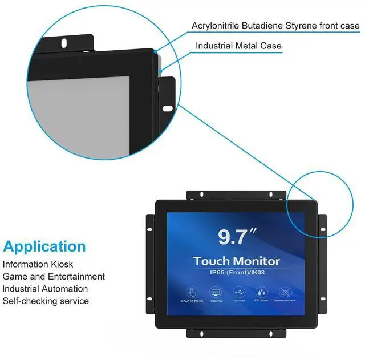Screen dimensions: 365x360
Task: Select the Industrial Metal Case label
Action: point(238,46)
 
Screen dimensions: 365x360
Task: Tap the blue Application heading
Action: point(44,247)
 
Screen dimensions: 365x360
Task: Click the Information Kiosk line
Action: point(38,265)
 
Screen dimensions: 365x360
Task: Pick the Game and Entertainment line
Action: point(54,277)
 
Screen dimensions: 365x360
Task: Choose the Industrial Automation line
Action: point(46,289)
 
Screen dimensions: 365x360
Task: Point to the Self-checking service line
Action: point(46,301)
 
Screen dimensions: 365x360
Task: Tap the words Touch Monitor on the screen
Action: point(237,261)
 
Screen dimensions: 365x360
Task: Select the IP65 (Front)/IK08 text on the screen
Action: point(237,272)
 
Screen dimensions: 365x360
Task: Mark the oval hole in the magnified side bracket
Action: point(168,107)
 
